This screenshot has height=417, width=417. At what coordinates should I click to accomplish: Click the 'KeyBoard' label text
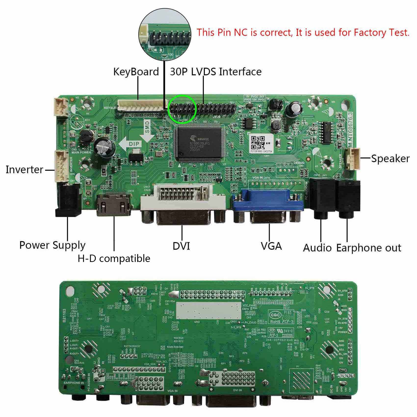[x=136, y=72]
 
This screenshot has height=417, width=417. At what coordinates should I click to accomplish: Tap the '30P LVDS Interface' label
[x=216, y=72]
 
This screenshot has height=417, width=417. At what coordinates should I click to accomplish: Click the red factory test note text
[x=303, y=33]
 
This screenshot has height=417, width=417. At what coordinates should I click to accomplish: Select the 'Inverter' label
[x=24, y=170]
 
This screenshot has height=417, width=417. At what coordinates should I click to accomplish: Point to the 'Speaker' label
[x=390, y=158]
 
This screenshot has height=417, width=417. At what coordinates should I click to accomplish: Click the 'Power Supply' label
[x=52, y=245]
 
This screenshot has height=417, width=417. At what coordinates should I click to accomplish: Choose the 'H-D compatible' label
[x=114, y=259]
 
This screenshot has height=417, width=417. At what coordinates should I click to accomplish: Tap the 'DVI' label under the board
[x=181, y=246]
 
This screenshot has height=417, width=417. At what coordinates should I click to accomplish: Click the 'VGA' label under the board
[x=271, y=246]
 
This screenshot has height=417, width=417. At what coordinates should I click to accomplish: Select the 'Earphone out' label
[x=369, y=248]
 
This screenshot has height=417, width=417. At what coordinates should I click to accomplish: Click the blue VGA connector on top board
[x=268, y=200]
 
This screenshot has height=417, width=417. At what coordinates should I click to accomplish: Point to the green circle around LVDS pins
[x=182, y=109]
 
